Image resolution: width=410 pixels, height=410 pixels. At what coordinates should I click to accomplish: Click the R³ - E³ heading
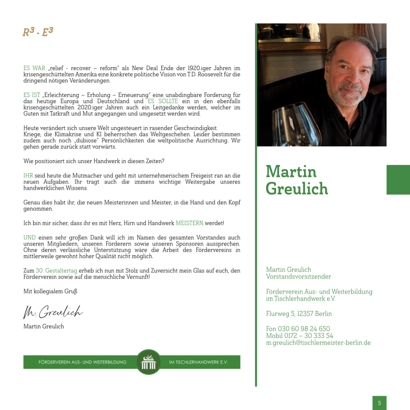(38, 32)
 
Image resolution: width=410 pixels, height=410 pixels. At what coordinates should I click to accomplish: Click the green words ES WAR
(34, 68)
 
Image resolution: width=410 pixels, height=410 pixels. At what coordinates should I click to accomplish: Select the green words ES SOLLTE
(163, 101)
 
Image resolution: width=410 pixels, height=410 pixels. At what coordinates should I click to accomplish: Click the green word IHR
(28, 176)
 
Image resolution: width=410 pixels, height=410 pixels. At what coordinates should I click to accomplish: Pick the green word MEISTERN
(189, 223)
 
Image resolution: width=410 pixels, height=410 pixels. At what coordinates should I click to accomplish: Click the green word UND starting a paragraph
(29, 238)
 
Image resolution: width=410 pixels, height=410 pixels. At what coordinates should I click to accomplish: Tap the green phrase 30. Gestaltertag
(56, 271)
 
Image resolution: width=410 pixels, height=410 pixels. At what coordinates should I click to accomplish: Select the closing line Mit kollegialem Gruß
(50, 291)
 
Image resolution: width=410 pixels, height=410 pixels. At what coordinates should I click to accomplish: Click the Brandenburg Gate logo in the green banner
(149, 362)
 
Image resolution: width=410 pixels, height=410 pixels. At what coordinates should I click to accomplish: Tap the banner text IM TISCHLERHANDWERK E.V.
(198, 362)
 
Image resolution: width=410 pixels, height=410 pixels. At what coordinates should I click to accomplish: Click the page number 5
(379, 403)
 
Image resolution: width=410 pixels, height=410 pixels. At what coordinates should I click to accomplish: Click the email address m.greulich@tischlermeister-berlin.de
(318, 343)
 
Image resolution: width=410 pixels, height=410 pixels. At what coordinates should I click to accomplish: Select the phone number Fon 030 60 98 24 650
(298, 329)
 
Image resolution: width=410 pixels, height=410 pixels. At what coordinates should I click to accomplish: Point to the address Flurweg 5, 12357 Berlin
(299, 314)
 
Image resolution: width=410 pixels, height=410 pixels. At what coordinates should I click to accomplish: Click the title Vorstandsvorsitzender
(298, 276)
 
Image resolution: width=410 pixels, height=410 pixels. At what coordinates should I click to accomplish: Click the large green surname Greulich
(297, 188)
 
